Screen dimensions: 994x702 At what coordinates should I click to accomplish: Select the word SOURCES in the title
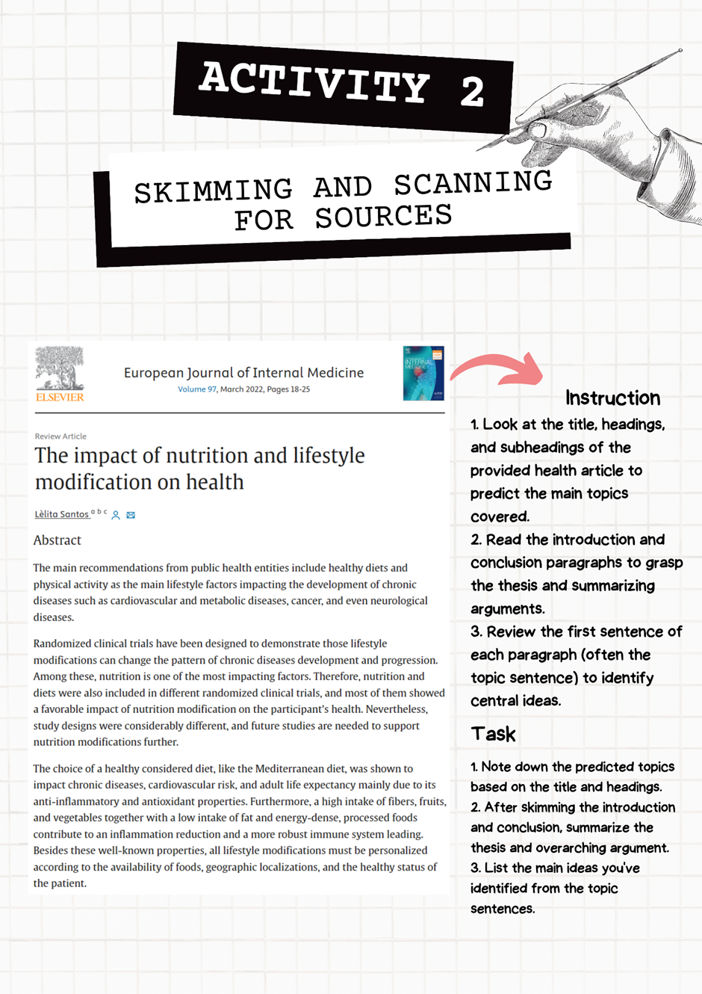pos(383,217)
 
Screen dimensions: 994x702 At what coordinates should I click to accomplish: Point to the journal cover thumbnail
pos(423,373)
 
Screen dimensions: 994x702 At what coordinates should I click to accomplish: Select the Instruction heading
pos(612,398)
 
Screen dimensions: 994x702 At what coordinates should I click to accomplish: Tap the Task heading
pos(494,734)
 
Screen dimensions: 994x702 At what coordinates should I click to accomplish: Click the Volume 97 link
pos(196,389)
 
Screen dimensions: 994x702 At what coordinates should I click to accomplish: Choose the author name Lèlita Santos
pos(62,514)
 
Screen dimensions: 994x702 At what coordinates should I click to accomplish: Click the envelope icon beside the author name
pos(131,515)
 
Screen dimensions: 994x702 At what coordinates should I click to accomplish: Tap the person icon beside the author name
pos(116,515)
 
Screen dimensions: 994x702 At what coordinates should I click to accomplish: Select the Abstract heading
pos(58,540)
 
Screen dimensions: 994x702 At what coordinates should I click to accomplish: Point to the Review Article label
pos(60,436)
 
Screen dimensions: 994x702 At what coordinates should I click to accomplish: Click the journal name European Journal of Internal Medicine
pos(243,372)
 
